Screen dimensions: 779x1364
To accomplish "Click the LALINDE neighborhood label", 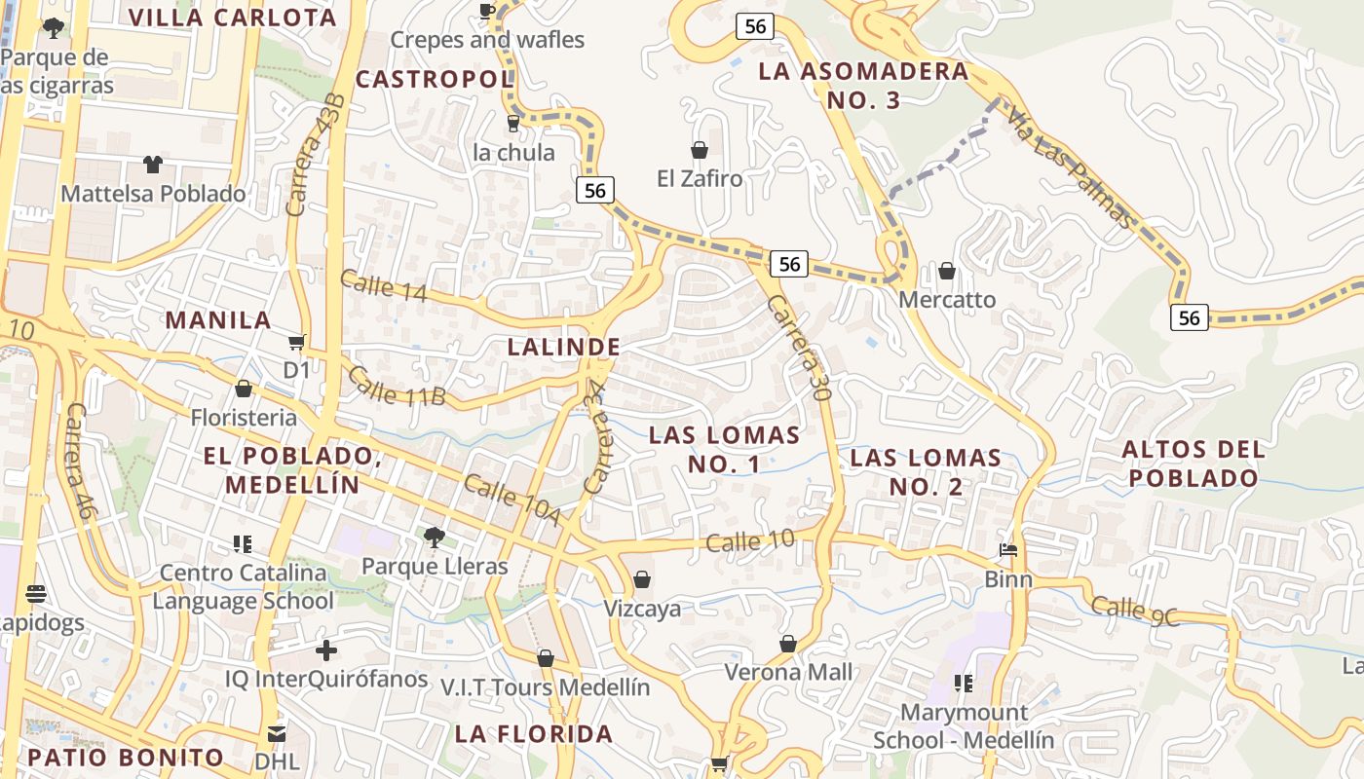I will pyautogui.click(x=563, y=347).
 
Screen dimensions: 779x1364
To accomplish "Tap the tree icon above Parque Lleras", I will pyautogui.click(x=435, y=537).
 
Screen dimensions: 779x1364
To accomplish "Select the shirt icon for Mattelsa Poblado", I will pyautogui.click(x=153, y=164).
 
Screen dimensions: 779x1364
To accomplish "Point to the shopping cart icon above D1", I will pyautogui.click(x=296, y=342).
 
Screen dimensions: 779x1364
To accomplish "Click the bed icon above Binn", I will pyautogui.click(x=1008, y=550).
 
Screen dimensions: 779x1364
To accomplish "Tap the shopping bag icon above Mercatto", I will pyautogui.click(x=946, y=270).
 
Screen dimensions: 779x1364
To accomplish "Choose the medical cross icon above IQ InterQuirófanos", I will pyautogui.click(x=326, y=649).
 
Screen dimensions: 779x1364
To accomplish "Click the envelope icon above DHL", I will pyautogui.click(x=277, y=732).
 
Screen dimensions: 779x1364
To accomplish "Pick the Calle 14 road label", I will pyautogui.click(x=383, y=285).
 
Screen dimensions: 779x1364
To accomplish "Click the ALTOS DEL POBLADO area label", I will pyautogui.click(x=1193, y=464).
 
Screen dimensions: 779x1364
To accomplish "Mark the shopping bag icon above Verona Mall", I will pyautogui.click(x=788, y=644).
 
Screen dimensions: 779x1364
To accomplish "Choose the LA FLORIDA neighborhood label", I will pyautogui.click(x=534, y=733).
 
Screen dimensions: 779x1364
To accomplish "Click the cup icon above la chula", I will pyautogui.click(x=512, y=123).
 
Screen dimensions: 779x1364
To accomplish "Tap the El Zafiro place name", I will pyautogui.click(x=699, y=179).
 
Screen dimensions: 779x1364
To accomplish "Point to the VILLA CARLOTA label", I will pyautogui.click(x=232, y=18).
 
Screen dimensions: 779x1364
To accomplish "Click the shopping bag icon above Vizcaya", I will pyautogui.click(x=642, y=580).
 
